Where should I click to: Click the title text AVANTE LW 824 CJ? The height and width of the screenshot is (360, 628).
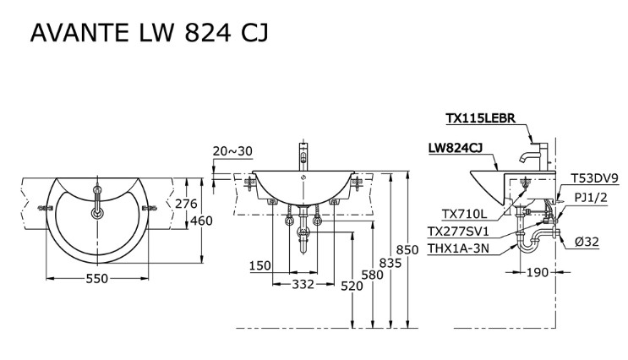pos(150,33)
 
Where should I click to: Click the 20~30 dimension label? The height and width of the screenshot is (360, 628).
pos(232,151)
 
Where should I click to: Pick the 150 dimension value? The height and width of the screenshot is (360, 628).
pos(260,266)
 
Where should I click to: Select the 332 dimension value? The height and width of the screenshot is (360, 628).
pos(303,286)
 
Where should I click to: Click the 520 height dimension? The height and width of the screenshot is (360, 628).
pos(352,286)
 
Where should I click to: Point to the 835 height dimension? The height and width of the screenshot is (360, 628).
pos(390,264)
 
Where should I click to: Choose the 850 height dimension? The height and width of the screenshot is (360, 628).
pos(408,250)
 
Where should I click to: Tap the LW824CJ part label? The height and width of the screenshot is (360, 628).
pos(456,148)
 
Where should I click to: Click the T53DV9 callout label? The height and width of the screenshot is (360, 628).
pos(595,178)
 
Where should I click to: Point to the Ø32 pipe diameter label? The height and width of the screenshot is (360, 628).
pos(587,242)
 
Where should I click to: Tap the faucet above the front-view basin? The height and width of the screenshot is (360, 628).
pos(303,155)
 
